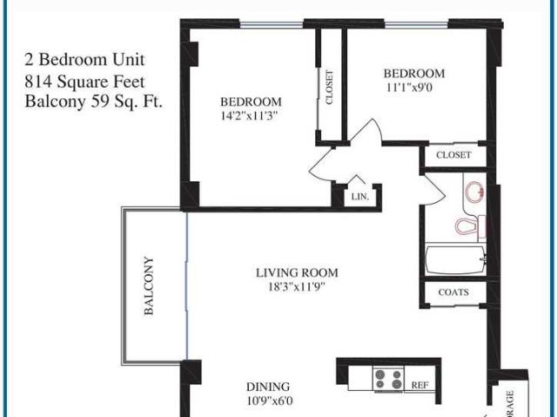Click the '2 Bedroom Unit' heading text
tap(85, 60)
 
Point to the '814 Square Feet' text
tap(85, 82)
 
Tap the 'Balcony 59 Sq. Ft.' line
tap(95, 102)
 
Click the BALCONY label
tap(150, 285)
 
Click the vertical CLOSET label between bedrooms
tap(330, 87)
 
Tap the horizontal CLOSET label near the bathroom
tap(453, 155)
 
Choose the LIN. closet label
tap(360, 198)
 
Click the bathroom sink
tap(475, 191)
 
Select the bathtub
tap(456, 260)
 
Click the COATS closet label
tap(453, 293)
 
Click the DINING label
tap(267, 387)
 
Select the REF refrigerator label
tap(419, 383)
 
